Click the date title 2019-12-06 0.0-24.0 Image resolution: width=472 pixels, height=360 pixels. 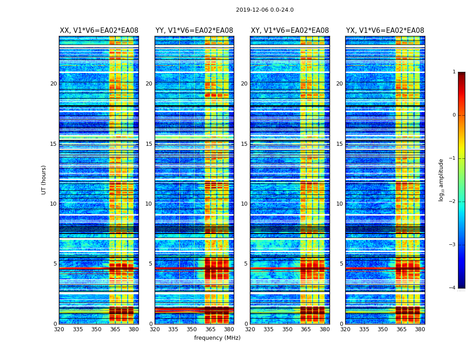265,10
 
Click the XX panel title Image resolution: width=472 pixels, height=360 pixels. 99,31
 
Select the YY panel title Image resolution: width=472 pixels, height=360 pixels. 194,31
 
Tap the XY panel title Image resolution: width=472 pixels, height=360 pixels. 290,31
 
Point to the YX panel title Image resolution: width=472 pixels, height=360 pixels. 385,31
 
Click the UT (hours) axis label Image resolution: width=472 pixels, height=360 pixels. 44,180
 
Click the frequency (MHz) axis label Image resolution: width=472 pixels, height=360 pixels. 217,338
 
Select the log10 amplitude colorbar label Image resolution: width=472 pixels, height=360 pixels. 441,180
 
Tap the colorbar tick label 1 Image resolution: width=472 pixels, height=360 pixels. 454,72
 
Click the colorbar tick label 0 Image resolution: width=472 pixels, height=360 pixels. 454,115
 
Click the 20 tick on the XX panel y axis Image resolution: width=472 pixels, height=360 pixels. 53,84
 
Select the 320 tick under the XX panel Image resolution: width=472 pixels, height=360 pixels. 59,329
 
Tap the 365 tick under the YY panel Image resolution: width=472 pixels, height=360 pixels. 210,329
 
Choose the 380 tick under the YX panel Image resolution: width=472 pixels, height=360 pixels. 420,329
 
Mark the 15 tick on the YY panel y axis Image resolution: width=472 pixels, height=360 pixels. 149,144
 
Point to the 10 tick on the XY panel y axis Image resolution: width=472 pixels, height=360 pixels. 244,204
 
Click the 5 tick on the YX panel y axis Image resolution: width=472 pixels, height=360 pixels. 341,264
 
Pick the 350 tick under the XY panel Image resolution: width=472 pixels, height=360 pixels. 287,329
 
